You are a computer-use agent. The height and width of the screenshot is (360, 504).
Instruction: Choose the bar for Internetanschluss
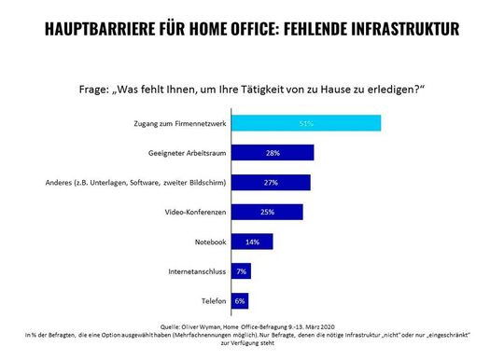click(240, 271)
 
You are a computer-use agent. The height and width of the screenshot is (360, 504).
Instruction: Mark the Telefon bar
click(239, 301)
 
